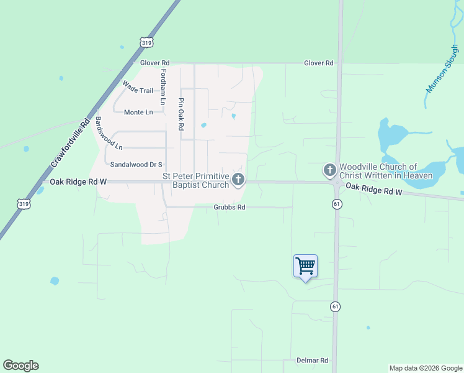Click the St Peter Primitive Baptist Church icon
click(238, 180)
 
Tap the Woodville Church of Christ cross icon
click(329, 170)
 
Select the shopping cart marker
click(305, 266)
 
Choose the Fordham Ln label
click(164, 86)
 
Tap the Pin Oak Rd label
click(181, 114)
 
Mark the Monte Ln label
click(138, 113)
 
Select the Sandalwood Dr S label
click(136, 165)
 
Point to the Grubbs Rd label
click(230, 208)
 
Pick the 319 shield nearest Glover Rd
click(146, 42)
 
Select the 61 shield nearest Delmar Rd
click(336, 306)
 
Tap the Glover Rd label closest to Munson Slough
click(319, 63)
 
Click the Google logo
click(20, 366)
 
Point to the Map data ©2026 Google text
click(426, 368)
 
